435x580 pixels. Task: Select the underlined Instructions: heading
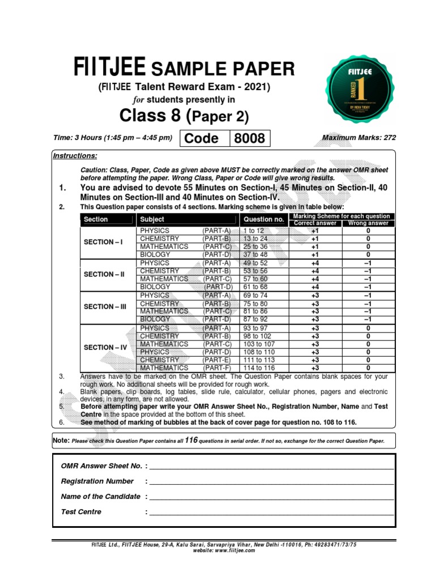pos(75,156)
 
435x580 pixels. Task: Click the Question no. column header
pos(263,219)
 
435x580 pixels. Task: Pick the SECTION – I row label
pos(103,242)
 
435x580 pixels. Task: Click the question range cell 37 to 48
pos(255,255)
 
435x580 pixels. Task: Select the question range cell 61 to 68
pos(255,287)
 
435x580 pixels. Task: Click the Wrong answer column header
pos(369,223)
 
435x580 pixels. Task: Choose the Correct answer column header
pos(315,223)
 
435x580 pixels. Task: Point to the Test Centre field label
pos(81,512)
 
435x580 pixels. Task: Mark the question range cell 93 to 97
pos(255,329)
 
